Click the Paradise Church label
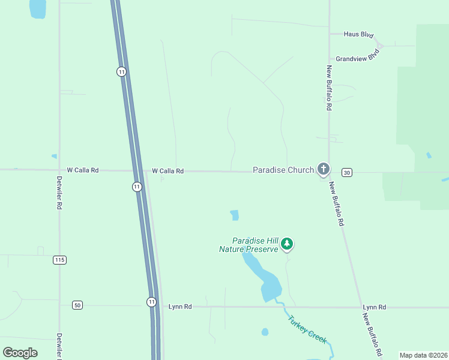point(283,170)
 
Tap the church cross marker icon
point(324,169)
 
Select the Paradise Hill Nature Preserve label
point(249,244)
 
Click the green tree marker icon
point(288,243)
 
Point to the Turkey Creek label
point(307,329)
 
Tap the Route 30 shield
point(346,173)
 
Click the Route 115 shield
point(59,260)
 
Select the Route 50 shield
point(77,305)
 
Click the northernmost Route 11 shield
point(122,71)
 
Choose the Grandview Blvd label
point(358,56)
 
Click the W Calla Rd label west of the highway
point(82,170)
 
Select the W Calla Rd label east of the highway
point(167,171)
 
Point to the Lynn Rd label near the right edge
point(374,307)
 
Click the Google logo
point(20,353)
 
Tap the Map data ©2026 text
point(423,355)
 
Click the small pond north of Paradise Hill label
point(234,215)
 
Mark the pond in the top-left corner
point(37,8)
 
